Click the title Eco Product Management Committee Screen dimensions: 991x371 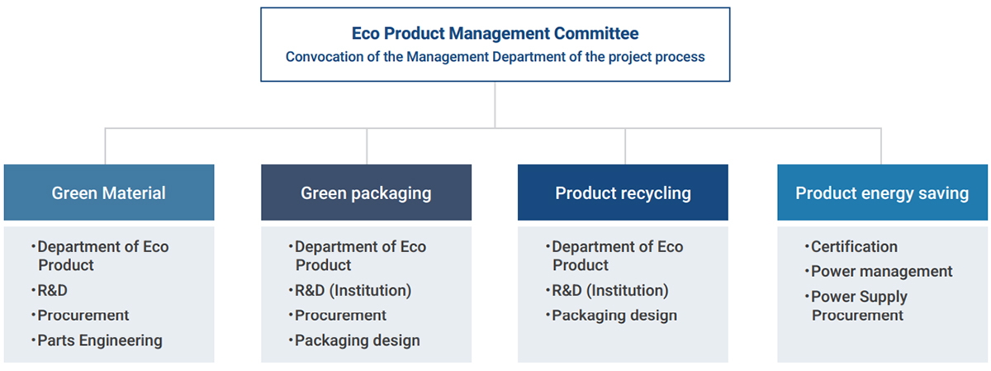point(495,34)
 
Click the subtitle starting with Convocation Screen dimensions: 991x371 point(495,57)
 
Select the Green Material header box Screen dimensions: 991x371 point(109,193)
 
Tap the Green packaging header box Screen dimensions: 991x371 point(367,193)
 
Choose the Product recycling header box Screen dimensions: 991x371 point(623,193)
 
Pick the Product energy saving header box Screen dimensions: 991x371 point(882,193)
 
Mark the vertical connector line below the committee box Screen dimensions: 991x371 point(495,105)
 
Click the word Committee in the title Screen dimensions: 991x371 point(596,34)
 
